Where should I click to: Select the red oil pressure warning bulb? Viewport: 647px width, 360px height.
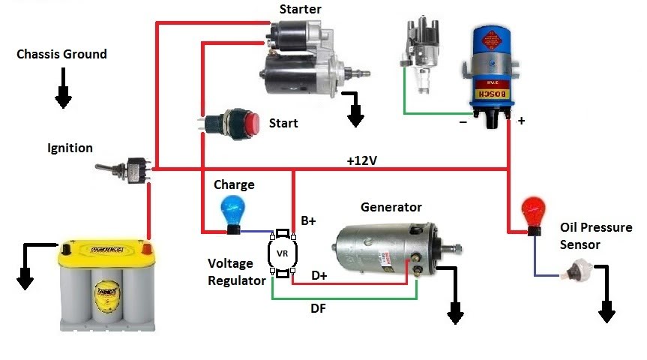(x=533, y=212)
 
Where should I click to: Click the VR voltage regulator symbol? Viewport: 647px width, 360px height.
(x=283, y=253)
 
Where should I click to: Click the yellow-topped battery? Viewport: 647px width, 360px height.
(x=109, y=285)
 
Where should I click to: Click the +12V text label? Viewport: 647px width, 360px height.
(x=362, y=160)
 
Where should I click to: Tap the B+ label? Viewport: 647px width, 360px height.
(x=309, y=220)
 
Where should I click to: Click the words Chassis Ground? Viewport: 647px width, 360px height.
(x=61, y=54)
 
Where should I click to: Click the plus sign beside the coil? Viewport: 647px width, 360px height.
(x=521, y=120)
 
